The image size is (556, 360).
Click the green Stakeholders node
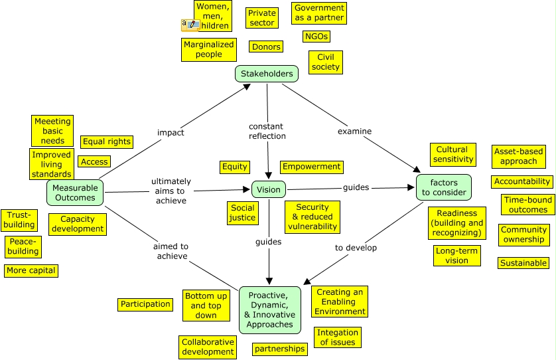coord(267,74)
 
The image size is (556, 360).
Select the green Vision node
coord(269,189)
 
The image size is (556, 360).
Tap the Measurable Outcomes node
coord(75,193)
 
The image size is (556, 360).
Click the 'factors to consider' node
coord(444,187)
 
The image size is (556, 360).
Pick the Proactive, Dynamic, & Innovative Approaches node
coord(270,310)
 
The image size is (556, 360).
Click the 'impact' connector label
coord(171,132)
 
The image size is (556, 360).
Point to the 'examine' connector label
coord(354,132)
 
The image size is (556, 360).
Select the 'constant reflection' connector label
coord(267,131)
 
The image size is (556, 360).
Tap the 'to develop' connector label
coord(356,248)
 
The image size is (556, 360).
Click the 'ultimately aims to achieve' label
coord(171,191)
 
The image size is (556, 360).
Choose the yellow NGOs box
coord(316,37)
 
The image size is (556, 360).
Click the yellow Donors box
coord(266,46)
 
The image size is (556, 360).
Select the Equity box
coord(234,167)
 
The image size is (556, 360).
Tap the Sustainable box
coord(523,263)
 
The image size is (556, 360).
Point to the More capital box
coord(31,270)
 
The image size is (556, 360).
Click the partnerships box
coord(280,349)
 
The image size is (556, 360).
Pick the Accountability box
coord(522,182)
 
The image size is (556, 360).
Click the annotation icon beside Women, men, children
coord(190,25)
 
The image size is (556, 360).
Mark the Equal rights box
coord(107,142)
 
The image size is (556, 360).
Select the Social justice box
coord(243,213)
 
